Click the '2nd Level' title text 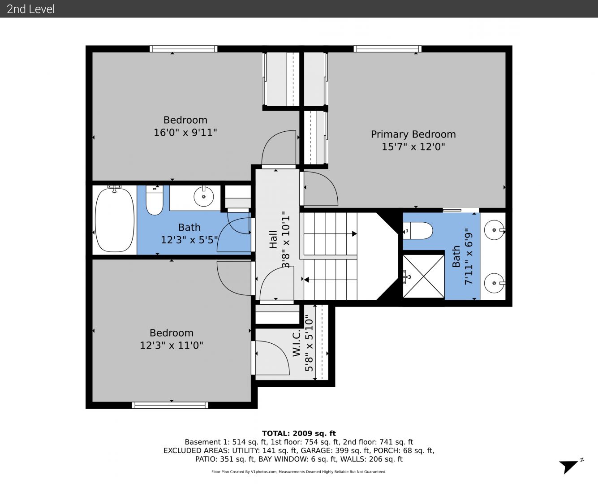tap(30, 9)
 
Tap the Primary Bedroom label tap(413, 134)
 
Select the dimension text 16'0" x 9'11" tap(185, 132)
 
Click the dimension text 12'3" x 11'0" tap(172, 345)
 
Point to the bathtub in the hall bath tap(115, 220)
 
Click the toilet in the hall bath tap(155, 200)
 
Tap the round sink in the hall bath tap(203, 196)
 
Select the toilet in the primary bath tap(418, 231)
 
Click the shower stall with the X tap(423, 276)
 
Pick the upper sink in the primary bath tap(495, 230)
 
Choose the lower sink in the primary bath tap(495, 283)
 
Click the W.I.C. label tap(297, 343)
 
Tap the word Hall tap(273, 239)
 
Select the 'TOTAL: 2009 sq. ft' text tap(299, 433)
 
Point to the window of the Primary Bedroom tap(387, 49)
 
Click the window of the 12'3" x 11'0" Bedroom tap(170, 405)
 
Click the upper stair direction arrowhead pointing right tap(355, 234)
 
